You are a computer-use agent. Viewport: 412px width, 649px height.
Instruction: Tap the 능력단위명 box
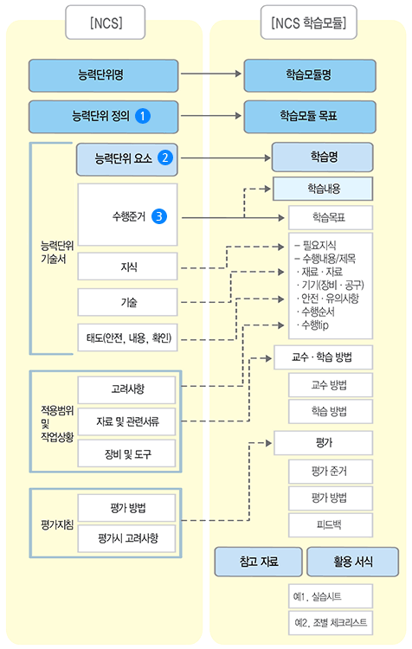(x=103, y=75)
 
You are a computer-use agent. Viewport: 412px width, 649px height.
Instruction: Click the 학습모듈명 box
(x=308, y=75)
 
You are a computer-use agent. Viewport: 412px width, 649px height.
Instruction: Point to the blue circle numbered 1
(x=145, y=116)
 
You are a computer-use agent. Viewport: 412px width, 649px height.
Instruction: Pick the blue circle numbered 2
(x=164, y=158)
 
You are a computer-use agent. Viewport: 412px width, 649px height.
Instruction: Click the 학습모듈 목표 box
(x=308, y=116)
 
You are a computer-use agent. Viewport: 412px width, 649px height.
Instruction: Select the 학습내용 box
(x=322, y=188)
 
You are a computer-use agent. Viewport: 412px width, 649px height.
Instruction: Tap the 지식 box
(x=127, y=267)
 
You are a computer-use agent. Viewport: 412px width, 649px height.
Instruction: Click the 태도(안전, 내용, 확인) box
(x=127, y=338)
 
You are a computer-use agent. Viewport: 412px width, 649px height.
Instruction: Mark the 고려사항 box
(x=127, y=389)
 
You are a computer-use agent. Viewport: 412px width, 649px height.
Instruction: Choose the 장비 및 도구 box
(x=127, y=453)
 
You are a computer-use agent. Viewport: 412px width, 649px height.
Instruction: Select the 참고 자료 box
(x=258, y=562)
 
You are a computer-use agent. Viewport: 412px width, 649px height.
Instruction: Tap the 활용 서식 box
(x=352, y=562)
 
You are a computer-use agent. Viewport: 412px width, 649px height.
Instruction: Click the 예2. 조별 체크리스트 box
(x=331, y=622)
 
